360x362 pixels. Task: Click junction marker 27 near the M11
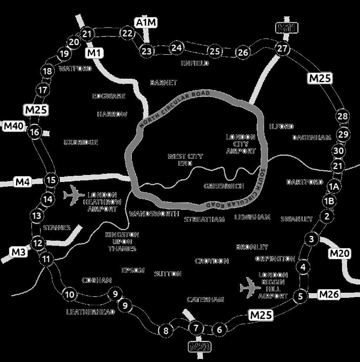[282, 49]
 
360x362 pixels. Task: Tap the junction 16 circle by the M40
[34, 132]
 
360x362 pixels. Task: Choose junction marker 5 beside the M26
[301, 296]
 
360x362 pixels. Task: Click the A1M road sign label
[146, 23]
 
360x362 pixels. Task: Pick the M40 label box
[14, 126]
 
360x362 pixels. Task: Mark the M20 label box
[339, 254]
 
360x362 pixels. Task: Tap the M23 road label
[200, 346]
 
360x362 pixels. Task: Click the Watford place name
[75, 68]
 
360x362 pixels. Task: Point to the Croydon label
[212, 261]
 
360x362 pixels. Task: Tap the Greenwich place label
[224, 186]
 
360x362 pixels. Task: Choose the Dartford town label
[305, 182]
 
